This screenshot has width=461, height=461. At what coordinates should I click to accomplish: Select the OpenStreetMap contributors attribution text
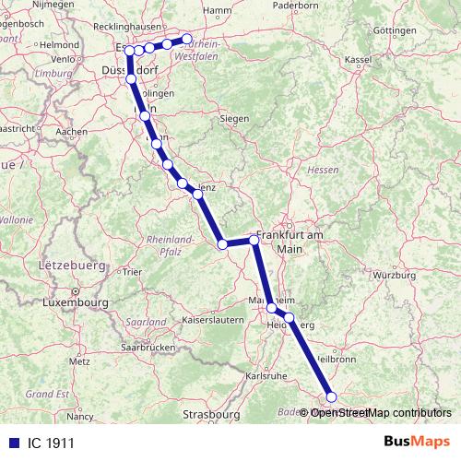coord(381,412)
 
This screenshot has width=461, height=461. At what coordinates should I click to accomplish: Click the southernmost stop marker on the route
coord(332,397)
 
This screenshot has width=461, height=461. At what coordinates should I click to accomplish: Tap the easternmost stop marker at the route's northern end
coord(187,39)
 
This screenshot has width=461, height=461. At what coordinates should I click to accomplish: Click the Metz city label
coord(80,361)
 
